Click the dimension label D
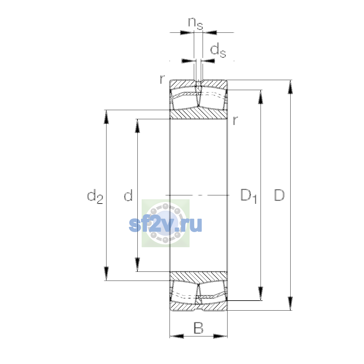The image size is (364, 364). (279, 195)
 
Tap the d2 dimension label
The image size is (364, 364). (95, 196)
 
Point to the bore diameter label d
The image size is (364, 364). (128, 195)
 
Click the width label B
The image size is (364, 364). (198, 328)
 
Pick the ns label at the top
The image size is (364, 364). (196, 24)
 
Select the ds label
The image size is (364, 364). (218, 50)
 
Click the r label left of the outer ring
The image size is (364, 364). (162, 79)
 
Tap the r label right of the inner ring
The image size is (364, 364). (235, 120)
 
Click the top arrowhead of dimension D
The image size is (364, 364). (290, 87)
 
